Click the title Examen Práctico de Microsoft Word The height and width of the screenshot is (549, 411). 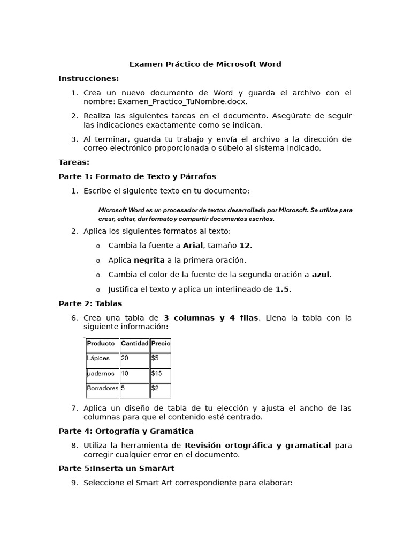(x=205, y=64)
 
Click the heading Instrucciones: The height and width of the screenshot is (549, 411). (x=89, y=79)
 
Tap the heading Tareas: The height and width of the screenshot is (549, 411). (x=74, y=162)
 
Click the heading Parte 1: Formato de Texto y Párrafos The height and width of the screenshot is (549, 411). (x=137, y=176)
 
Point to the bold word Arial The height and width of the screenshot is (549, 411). (x=193, y=246)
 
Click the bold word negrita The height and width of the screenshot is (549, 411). (x=149, y=260)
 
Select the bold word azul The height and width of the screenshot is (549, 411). (x=321, y=274)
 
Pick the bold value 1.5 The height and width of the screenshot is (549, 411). (x=282, y=290)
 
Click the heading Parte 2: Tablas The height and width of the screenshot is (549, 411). (x=90, y=303)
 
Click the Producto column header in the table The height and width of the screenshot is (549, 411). (x=102, y=344)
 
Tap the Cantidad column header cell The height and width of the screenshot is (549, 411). (x=134, y=344)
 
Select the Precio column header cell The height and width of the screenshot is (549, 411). (x=161, y=344)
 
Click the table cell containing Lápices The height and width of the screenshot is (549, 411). (x=102, y=358)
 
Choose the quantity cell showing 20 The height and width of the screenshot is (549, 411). (x=134, y=358)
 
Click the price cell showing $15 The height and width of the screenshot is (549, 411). (x=161, y=373)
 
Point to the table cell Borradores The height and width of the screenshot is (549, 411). (x=102, y=388)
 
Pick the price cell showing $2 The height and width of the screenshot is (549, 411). (x=161, y=388)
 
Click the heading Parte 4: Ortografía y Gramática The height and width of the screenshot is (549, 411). (x=126, y=431)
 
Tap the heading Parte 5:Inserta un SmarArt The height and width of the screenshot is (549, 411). (x=116, y=469)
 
